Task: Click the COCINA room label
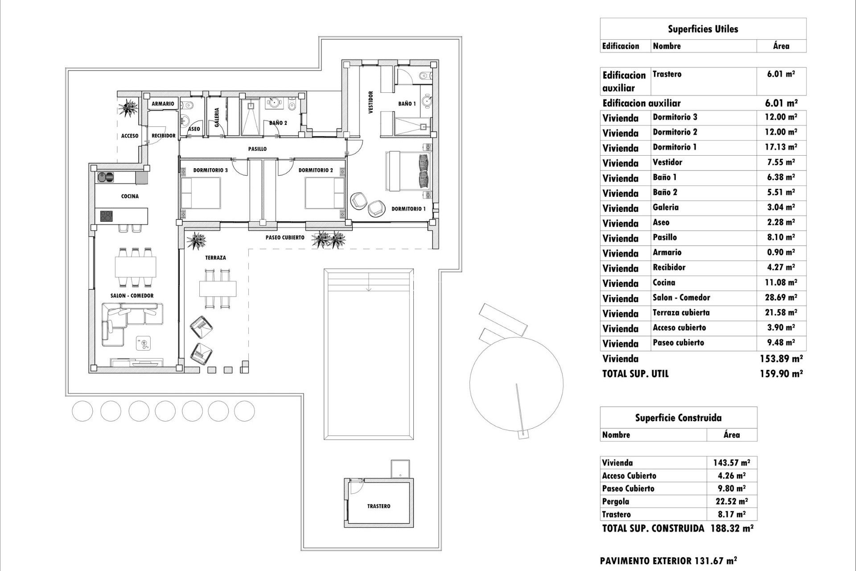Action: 130,196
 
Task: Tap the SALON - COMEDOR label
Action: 132,296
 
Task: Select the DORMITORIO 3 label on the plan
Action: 210,170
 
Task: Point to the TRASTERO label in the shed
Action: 379,506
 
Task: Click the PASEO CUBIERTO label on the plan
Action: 285,238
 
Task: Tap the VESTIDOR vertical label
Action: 370,103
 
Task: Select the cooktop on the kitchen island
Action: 106,216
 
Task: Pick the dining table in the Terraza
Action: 218,289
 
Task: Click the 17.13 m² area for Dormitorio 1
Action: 781,147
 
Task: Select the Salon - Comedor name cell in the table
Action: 681,298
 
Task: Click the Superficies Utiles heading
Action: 703,29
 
